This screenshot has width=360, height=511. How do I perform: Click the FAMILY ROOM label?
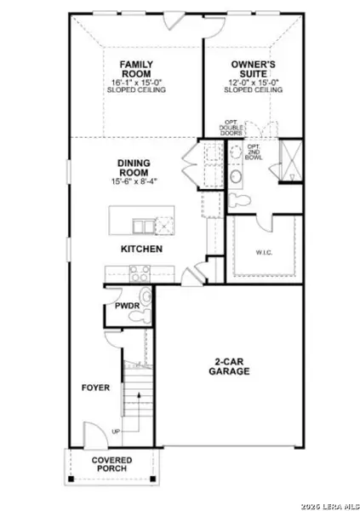pyautogui.click(x=136, y=69)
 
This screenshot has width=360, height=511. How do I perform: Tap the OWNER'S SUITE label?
pyautogui.click(x=255, y=69)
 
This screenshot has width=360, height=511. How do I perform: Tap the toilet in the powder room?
pyautogui.click(x=144, y=300)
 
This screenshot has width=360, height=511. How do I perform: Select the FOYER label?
pyautogui.click(x=95, y=388)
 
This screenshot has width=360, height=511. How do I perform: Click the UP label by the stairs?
pyautogui.click(x=116, y=431)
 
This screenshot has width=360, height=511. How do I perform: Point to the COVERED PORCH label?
pyautogui.click(x=112, y=464)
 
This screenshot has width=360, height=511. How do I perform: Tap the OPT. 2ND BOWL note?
pyautogui.click(x=255, y=154)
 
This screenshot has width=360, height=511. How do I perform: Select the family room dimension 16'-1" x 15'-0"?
pyautogui.click(x=136, y=83)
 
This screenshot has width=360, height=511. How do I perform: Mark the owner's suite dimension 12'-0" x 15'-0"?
pyautogui.click(x=255, y=83)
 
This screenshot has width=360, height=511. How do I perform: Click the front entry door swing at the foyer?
pyautogui.click(x=90, y=430)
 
